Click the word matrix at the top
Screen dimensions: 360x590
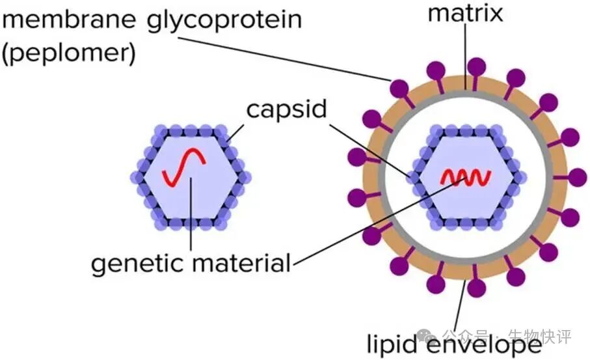(464, 14)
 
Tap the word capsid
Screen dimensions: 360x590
(286, 109)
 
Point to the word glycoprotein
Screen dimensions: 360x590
(222, 20)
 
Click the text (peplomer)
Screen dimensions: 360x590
(68, 52)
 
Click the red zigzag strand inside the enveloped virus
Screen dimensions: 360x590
(466, 176)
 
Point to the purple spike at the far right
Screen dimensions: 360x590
(578, 177)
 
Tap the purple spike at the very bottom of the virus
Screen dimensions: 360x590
(476, 287)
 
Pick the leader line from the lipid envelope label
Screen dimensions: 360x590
(460, 306)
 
